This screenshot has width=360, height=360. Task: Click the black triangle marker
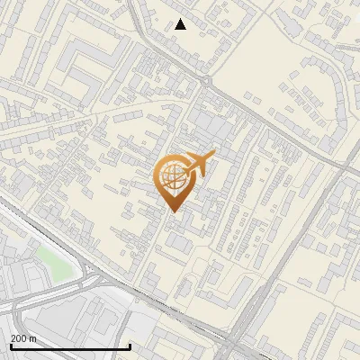click(181, 24)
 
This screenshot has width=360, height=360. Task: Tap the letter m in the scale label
click(33, 339)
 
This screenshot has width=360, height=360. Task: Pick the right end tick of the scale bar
click(130, 346)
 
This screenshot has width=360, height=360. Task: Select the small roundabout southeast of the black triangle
click(206, 81)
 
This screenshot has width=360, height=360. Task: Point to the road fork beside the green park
click(90, 271)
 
